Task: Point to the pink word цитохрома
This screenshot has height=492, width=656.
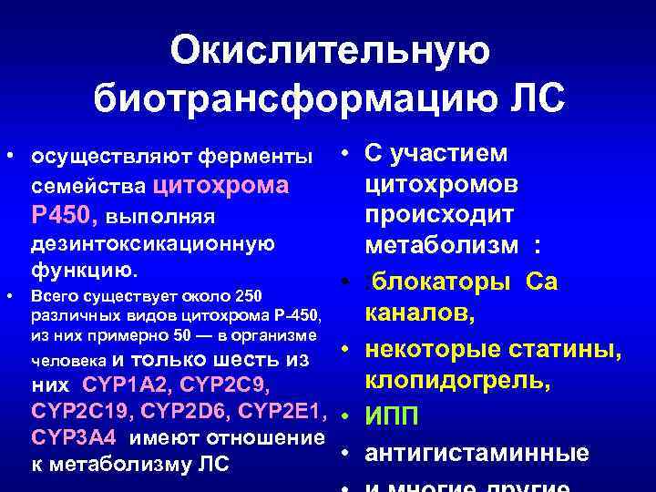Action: (222, 186)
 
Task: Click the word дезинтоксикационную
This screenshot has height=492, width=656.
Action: (153, 245)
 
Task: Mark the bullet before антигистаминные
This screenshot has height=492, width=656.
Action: (348, 453)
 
